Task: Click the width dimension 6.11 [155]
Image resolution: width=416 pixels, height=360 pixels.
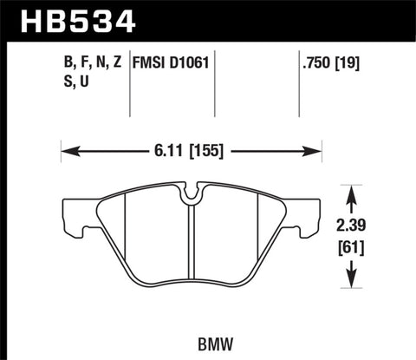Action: [x=191, y=150]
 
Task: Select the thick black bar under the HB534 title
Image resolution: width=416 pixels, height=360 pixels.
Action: [x=208, y=40]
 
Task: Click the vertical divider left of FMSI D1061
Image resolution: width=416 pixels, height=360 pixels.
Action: [x=129, y=82]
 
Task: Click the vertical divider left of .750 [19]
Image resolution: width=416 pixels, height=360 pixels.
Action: [x=298, y=82]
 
